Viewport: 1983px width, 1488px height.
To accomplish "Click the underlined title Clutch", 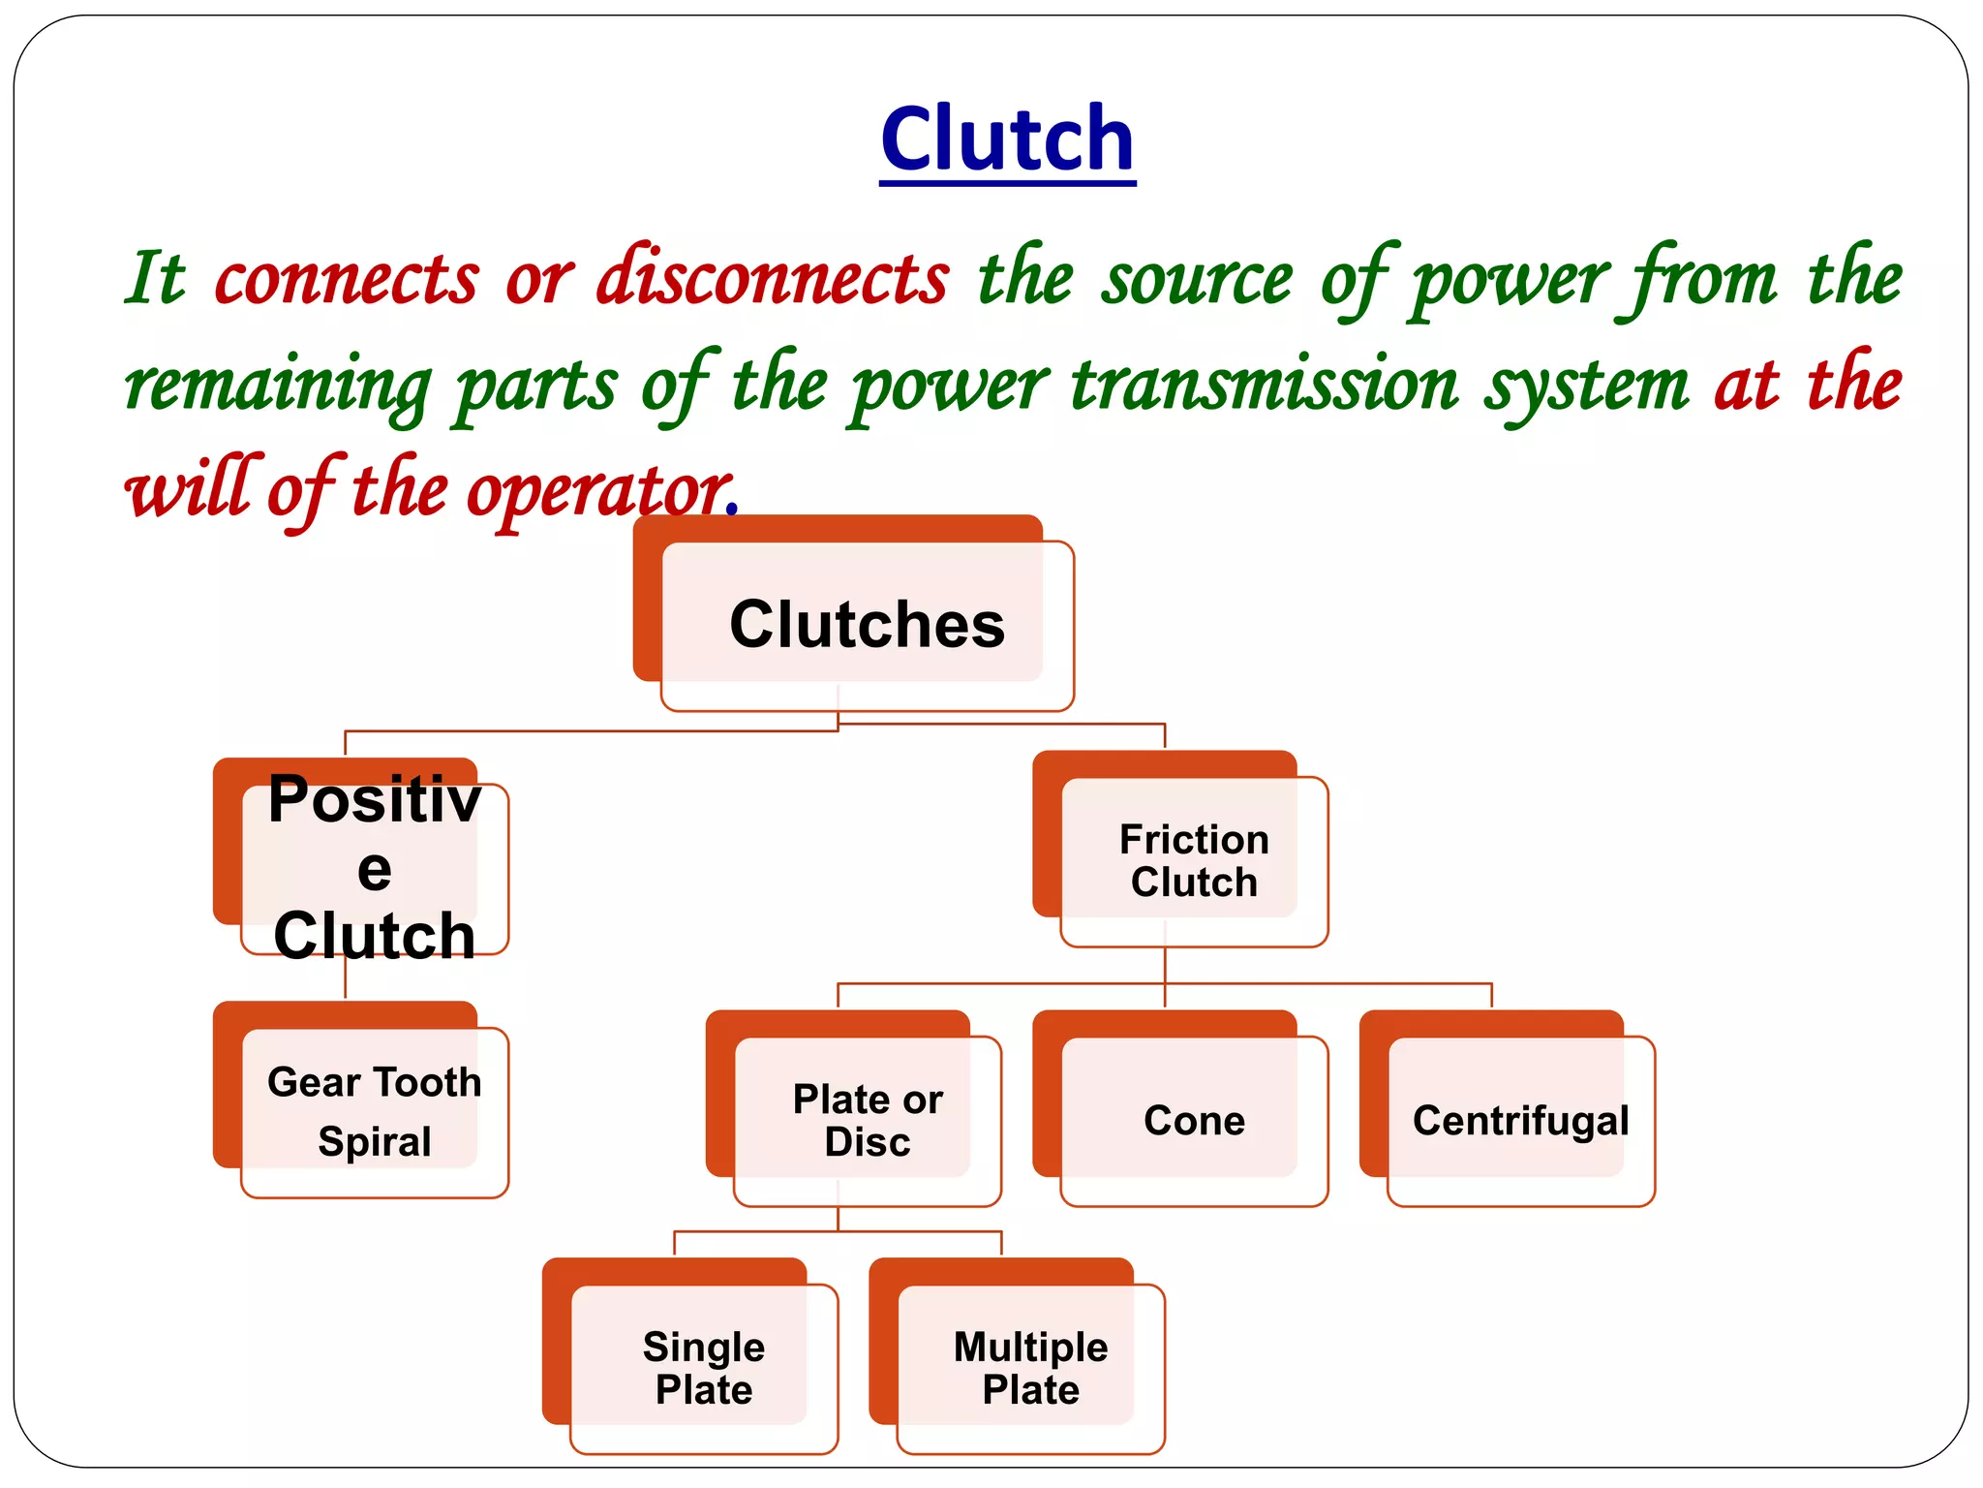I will point(1007,139).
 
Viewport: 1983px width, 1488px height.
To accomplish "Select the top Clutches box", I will point(866,624).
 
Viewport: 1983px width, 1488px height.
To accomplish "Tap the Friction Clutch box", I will point(1193,860).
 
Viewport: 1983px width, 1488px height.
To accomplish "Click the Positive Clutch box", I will point(374,866).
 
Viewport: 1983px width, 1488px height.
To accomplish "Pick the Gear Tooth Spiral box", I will point(374,1110).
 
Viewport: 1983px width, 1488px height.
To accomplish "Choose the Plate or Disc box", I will point(867,1120).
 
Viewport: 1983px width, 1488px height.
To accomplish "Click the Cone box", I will point(1193,1120).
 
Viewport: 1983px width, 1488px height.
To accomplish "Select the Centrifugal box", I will point(1520,1120).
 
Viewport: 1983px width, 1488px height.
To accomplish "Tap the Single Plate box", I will point(703,1368).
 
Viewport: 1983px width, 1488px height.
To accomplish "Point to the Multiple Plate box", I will point(1030,1368).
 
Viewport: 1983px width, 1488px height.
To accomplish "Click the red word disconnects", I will point(772,279).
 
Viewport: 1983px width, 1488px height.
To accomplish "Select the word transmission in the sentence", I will point(1264,386).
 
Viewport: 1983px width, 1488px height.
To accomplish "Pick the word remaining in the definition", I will point(277,386).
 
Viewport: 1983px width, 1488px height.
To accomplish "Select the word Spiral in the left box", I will point(374,1141).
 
